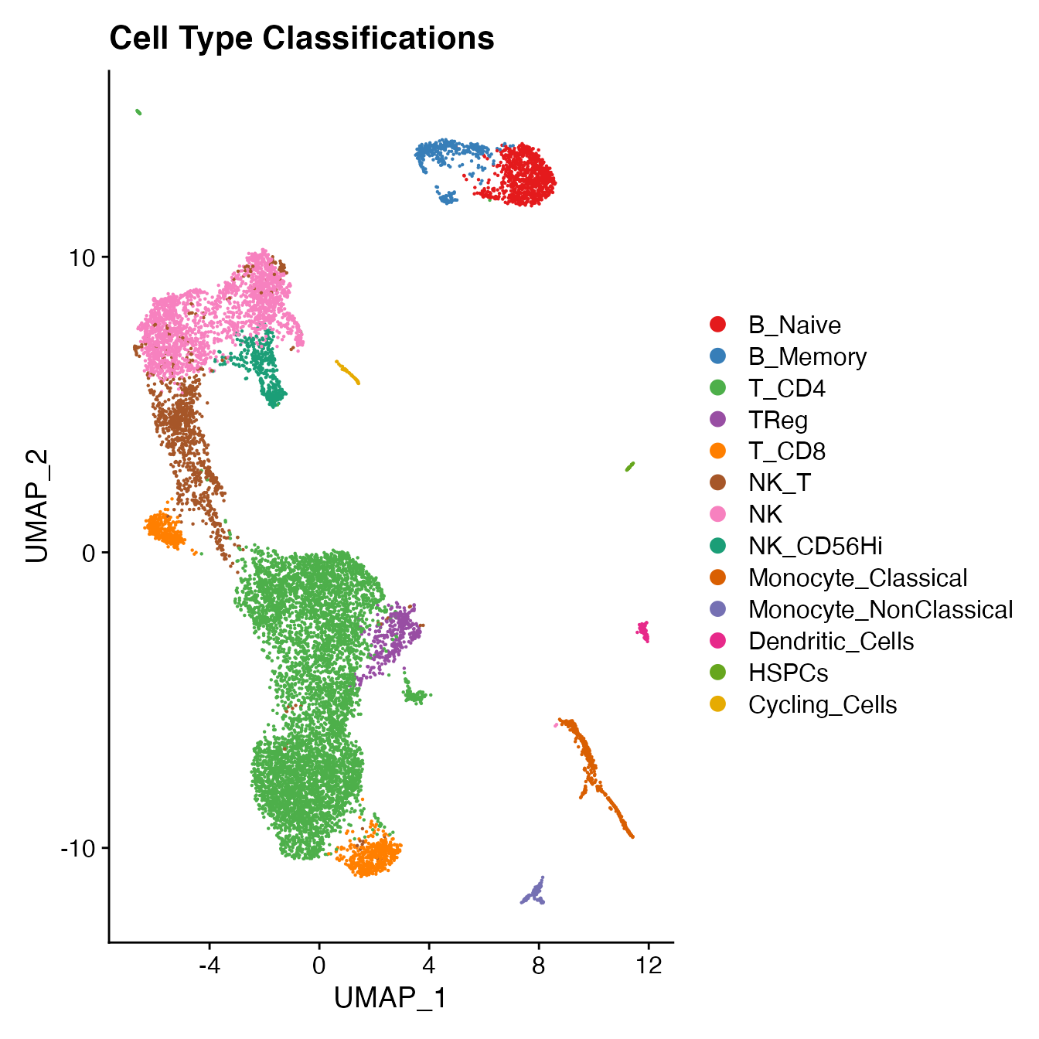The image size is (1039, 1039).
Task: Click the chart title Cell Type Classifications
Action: click(301, 38)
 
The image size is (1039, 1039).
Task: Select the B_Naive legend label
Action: click(794, 325)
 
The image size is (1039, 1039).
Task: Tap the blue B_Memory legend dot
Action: click(718, 356)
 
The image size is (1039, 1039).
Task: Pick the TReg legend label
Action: click(778, 420)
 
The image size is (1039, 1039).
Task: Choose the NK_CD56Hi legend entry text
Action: click(815, 547)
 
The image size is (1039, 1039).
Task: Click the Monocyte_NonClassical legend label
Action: click(880, 610)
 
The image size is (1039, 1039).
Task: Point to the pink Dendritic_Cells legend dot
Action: click(718, 641)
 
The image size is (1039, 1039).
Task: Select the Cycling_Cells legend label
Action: click(823, 705)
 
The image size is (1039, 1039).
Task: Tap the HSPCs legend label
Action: click(788, 673)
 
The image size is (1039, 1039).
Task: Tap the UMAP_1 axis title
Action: click(390, 998)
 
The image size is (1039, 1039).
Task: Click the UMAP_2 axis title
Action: click(37, 506)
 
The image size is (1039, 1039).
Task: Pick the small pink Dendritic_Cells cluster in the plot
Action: click(643, 631)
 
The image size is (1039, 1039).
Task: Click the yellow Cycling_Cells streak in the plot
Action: click(347, 372)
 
